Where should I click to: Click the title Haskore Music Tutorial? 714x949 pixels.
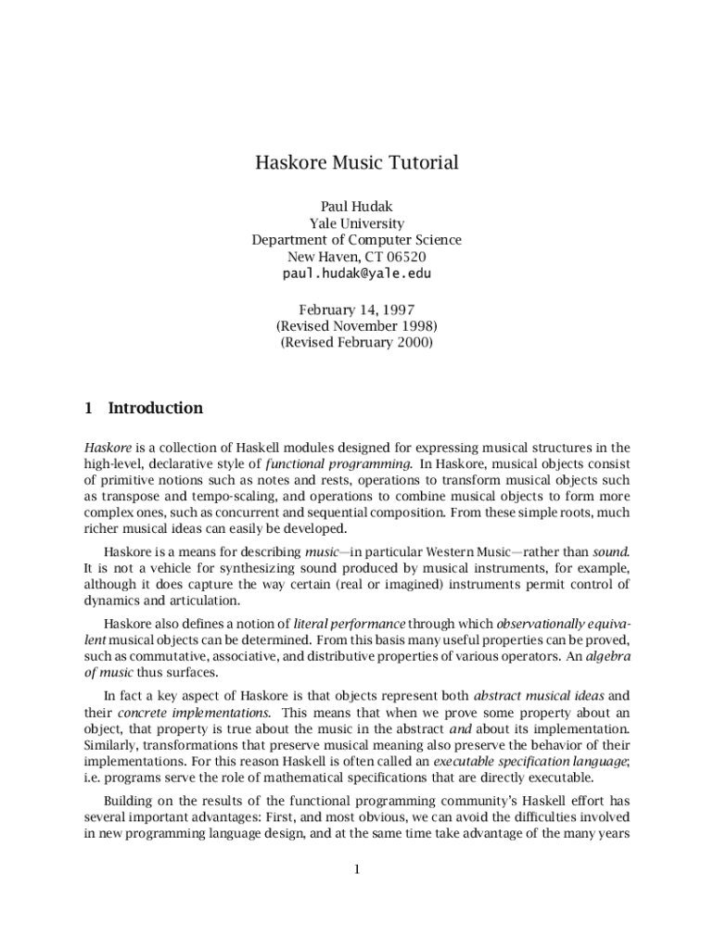pos(357,163)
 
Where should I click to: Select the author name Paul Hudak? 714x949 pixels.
pos(357,207)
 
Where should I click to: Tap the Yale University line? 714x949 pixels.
pos(357,223)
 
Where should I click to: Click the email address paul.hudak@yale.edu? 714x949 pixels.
pos(357,273)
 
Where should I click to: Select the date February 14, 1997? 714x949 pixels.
pos(357,310)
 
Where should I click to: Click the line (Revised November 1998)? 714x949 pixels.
pos(357,326)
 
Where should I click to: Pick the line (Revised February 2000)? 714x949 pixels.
pos(357,342)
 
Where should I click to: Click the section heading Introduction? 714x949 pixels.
pos(156,408)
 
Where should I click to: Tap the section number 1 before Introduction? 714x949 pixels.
pos(88,408)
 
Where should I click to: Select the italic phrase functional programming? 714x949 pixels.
pos(338,463)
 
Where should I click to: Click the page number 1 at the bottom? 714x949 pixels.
pos(357,869)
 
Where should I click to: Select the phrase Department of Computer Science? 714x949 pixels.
pos(357,240)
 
